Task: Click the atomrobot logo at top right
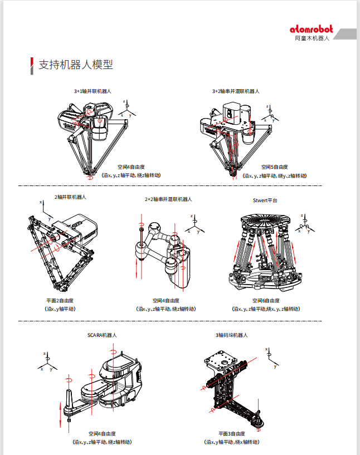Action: pos(312,30)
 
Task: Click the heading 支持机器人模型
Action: pos(75,65)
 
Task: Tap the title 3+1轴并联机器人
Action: pos(93,91)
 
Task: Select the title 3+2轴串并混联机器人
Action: pos(236,91)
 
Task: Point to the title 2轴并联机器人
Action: pos(70,197)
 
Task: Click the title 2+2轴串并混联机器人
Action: pos(168,199)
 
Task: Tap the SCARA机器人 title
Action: pos(102,335)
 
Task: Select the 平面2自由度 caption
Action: pos(60,300)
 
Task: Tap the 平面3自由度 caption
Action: pos(231,433)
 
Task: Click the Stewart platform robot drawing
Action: pos(265,251)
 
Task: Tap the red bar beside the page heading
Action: pos(31,65)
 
